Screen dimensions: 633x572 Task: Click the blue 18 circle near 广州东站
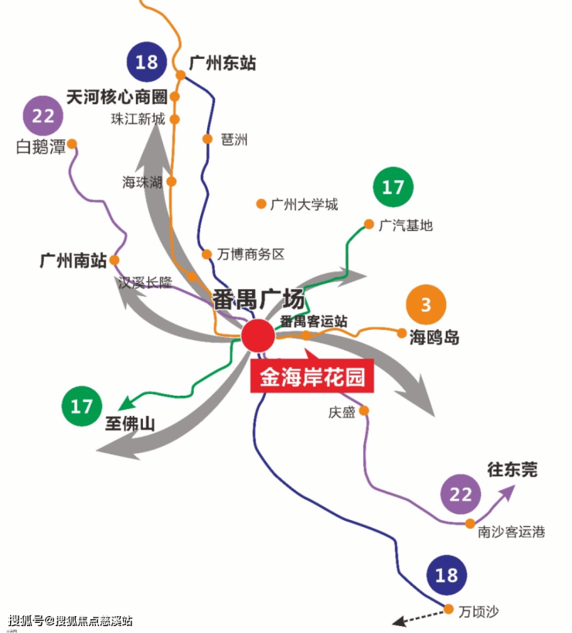click(146, 63)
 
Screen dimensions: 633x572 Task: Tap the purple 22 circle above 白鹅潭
click(43, 117)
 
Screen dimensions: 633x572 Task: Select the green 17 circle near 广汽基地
click(393, 187)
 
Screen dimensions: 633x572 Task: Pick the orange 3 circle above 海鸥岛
click(425, 305)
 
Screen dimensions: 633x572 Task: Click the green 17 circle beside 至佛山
click(82, 407)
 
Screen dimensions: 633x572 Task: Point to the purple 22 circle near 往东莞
click(461, 495)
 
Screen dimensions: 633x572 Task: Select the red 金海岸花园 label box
click(312, 377)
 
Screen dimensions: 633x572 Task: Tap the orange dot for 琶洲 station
click(207, 139)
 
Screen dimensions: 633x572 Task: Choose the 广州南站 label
click(73, 260)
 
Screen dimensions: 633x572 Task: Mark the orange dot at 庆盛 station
click(364, 410)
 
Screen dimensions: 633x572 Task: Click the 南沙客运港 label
click(511, 532)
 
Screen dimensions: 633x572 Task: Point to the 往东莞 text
click(512, 469)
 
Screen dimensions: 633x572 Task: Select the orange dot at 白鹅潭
click(72, 144)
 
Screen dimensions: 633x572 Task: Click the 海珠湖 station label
click(142, 182)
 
